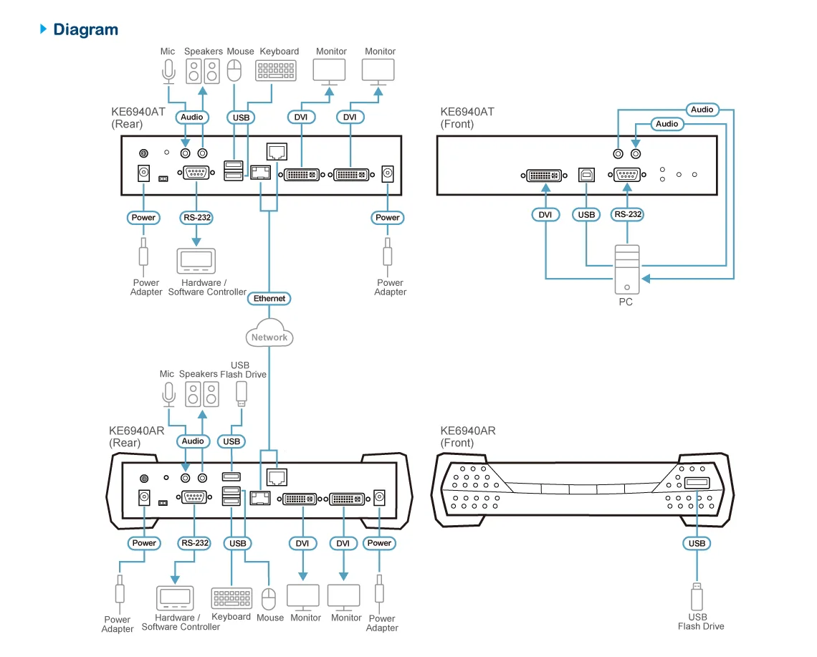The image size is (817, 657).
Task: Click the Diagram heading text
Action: [x=85, y=29]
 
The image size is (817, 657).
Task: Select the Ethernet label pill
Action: [x=269, y=298]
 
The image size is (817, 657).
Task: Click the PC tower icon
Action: [x=626, y=269]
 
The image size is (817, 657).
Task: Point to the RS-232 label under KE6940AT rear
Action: [x=196, y=217]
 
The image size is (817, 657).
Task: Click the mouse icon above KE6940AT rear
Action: [x=234, y=70]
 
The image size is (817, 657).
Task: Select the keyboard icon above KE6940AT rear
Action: [x=275, y=70]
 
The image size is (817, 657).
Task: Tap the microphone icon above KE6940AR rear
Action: [x=168, y=393]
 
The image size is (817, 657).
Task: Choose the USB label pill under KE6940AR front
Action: [x=697, y=543]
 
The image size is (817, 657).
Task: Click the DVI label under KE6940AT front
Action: [x=545, y=214]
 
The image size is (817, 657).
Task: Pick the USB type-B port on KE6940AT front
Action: [x=586, y=174]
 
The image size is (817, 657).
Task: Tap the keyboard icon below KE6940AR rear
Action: [x=231, y=599]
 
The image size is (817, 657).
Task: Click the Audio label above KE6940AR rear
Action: [x=193, y=441]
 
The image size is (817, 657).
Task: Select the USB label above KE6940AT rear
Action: [x=242, y=117]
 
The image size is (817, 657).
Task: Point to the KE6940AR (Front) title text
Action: [x=468, y=436]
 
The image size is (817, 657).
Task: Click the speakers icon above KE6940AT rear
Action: [x=203, y=71]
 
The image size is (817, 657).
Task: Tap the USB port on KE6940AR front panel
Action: [x=697, y=484]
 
